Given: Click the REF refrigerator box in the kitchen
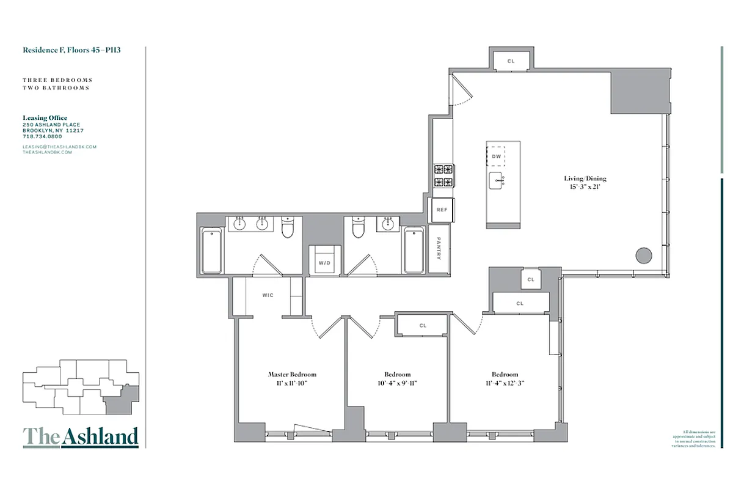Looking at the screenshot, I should [x=442, y=210].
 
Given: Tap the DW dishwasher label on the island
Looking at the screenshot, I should [x=497, y=156].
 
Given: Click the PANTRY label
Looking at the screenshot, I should [x=439, y=249].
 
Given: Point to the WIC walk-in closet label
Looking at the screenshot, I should [x=268, y=295].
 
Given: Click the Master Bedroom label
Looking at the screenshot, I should [x=292, y=374].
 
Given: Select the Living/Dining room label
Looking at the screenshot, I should [x=585, y=178].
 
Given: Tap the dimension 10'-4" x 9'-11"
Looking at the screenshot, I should [x=397, y=383].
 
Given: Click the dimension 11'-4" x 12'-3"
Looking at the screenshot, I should [x=505, y=383].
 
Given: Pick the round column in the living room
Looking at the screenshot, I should [x=643, y=256].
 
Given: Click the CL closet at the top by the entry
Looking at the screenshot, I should [x=511, y=61].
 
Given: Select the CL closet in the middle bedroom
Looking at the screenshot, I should [x=423, y=326].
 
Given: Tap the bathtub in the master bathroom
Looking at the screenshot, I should [x=211, y=251].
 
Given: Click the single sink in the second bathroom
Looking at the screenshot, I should [x=387, y=225].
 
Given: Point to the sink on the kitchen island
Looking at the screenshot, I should [x=495, y=180].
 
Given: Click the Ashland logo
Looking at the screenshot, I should [x=81, y=436].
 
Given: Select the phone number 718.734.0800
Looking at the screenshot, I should [x=42, y=136].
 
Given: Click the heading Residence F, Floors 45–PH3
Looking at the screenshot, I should [x=71, y=50].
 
